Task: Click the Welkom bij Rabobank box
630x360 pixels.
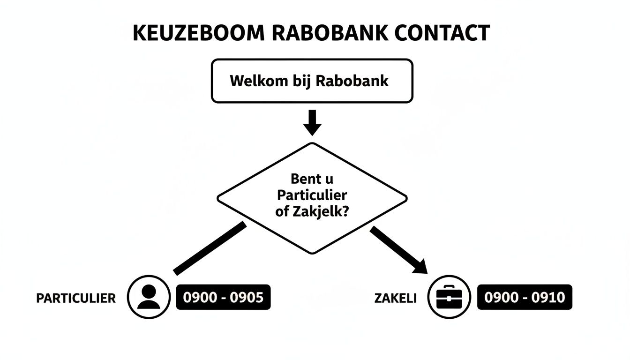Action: (x=312, y=81)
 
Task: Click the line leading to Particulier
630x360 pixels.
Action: (x=210, y=248)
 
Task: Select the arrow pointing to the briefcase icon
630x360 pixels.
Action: (x=398, y=249)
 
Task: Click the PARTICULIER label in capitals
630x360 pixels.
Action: (x=76, y=298)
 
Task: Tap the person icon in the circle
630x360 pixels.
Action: (x=149, y=297)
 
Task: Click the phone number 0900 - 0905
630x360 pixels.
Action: (x=224, y=297)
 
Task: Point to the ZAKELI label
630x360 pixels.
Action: (x=396, y=298)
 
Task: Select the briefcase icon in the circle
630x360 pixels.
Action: (x=450, y=297)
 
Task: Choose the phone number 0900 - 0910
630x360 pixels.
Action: (x=525, y=297)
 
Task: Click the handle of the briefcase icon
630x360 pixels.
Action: (x=450, y=287)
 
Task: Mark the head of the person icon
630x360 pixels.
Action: (x=149, y=291)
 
